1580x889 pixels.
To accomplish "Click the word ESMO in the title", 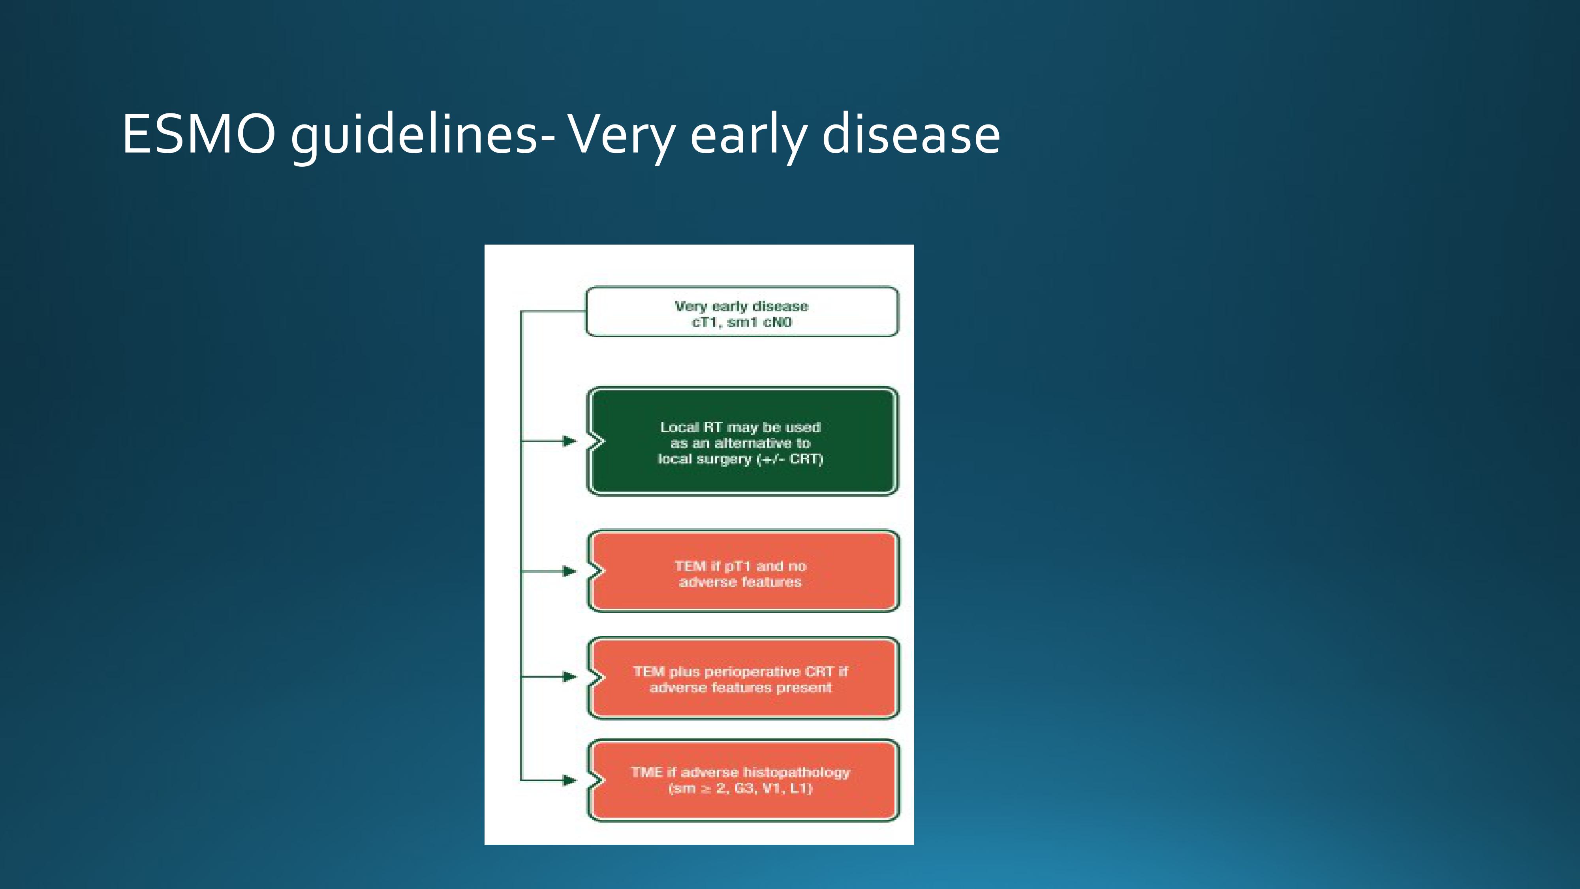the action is (199, 134).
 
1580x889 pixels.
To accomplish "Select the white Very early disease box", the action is (742, 312).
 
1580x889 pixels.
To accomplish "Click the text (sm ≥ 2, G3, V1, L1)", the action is (740, 788).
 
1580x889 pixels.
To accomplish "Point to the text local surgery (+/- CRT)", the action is (740, 459).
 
